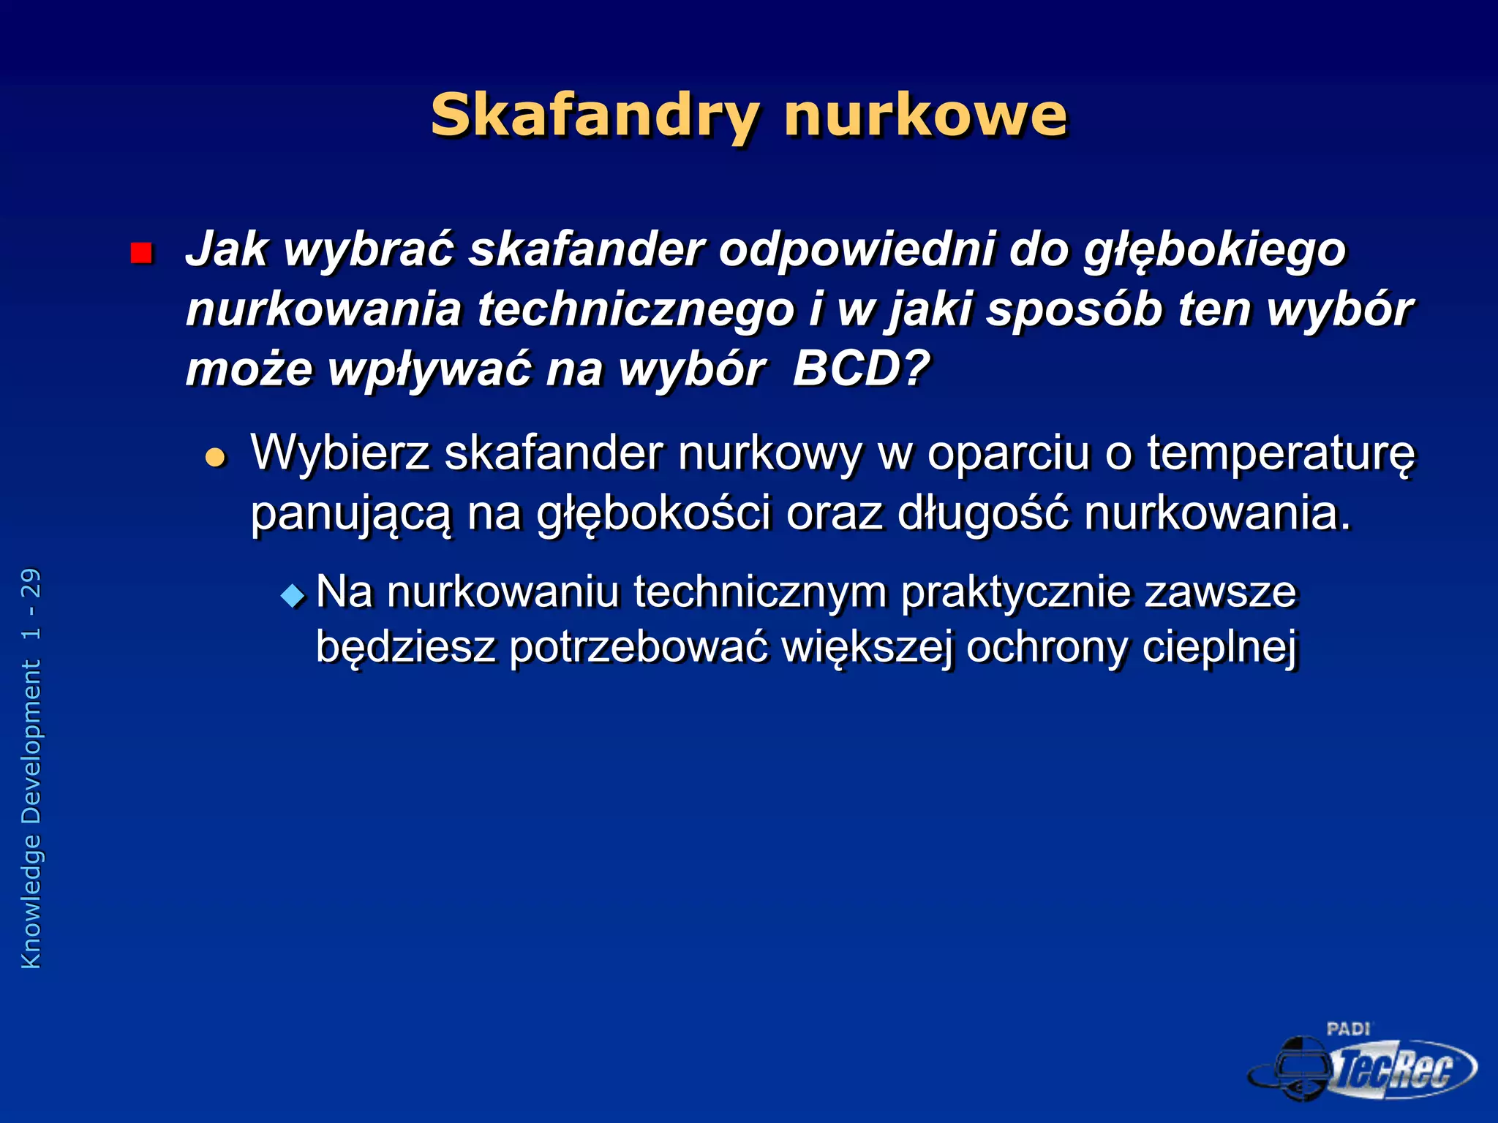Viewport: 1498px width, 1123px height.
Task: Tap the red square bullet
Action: (140, 253)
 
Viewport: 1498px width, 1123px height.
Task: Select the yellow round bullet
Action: (215, 458)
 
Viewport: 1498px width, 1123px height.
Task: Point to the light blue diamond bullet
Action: (293, 595)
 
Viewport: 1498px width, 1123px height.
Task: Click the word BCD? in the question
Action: (860, 368)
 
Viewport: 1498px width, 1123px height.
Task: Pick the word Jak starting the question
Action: (227, 249)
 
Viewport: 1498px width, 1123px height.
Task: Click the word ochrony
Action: (1046, 648)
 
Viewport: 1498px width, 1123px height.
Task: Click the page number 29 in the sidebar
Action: (31, 583)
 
